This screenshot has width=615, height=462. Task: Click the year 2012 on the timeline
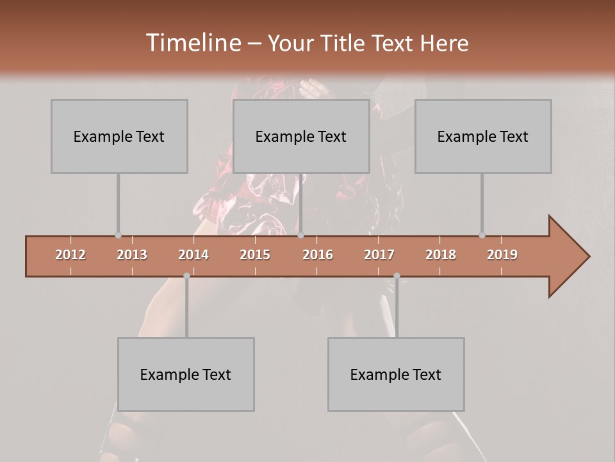pos(70,255)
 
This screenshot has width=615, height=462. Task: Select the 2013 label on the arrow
pos(132,255)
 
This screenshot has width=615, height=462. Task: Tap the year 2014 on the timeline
pos(193,255)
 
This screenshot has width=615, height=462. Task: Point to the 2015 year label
pos(255,255)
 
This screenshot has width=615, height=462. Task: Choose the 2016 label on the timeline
pos(318,255)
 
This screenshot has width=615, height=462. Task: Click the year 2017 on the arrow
pos(379,255)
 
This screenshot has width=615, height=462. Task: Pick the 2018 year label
pos(441,255)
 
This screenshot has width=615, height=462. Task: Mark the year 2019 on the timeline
pos(502,255)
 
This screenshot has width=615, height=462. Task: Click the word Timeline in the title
pos(192,43)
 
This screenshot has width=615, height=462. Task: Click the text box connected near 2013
pos(119,136)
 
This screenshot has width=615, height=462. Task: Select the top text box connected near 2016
pos(301,136)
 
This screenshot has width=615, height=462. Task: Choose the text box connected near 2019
pos(483,136)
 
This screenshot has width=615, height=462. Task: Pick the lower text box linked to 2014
pos(186,374)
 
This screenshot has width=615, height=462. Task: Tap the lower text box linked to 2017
pos(396,374)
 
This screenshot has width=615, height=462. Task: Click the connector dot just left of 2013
pos(118,235)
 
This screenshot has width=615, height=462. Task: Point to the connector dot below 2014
pos(186,276)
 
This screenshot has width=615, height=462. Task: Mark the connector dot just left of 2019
pos(482,235)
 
